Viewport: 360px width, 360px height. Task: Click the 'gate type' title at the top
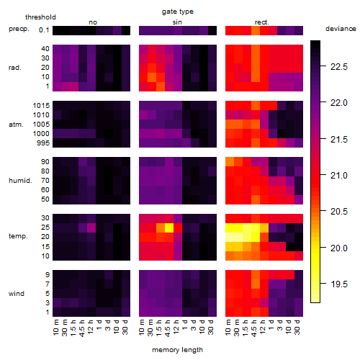(178, 12)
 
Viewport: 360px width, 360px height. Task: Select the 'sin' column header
(177, 22)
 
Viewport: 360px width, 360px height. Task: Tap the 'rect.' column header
(261, 22)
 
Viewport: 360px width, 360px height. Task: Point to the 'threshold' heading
(40, 17)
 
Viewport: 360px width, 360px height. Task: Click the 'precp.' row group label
(19, 29)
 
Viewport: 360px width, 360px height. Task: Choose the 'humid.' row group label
(20, 180)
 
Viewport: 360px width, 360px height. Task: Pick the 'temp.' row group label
(18, 236)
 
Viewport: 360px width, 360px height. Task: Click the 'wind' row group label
(17, 294)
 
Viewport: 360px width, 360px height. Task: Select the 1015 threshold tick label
(41, 106)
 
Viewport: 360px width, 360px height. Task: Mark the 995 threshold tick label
(43, 143)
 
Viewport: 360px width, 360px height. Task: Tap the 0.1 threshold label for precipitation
(44, 30)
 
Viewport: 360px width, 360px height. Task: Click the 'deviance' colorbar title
(341, 29)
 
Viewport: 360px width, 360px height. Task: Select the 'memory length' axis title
(178, 350)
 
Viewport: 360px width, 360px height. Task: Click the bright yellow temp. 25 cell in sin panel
(169, 228)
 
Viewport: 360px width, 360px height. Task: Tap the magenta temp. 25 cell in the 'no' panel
(91, 228)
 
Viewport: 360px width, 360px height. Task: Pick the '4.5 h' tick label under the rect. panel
(254, 328)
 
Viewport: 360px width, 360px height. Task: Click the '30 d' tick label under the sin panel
(210, 328)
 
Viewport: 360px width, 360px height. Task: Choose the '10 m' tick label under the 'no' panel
(56, 328)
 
